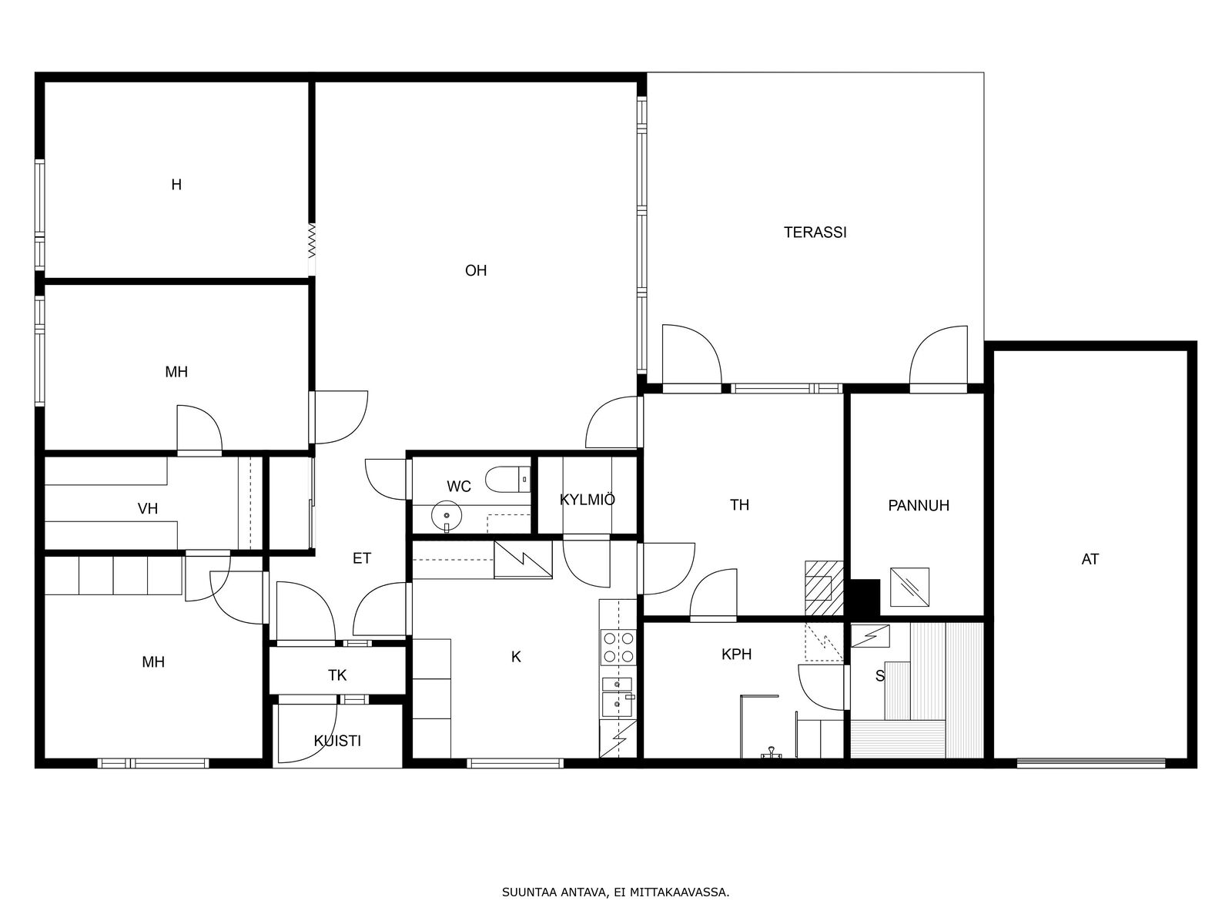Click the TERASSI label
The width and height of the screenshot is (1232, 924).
pos(815,233)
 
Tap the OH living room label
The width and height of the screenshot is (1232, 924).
pos(476,270)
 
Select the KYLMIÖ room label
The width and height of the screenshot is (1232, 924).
pos(588,499)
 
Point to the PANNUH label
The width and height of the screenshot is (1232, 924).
pos(919,505)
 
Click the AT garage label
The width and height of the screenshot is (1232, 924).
pos(1090,559)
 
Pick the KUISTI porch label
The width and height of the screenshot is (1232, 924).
pos(337,741)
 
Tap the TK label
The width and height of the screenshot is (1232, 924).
pos(337,675)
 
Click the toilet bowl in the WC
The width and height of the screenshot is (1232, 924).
pos(508,479)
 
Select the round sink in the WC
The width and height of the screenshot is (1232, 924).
pos(446,515)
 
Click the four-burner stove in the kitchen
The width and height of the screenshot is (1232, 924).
pos(618,647)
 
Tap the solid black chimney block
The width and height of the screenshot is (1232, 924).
pos(865,598)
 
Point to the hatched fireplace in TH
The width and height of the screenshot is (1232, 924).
pos(824,588)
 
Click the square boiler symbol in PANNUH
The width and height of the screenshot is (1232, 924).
pos(909,587)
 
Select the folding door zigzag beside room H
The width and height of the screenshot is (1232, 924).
pos(312,241)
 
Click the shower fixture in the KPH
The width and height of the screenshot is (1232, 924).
pos(772,754)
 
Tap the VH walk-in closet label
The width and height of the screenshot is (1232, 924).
pos(148,509)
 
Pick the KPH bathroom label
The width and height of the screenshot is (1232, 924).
pos(736,654)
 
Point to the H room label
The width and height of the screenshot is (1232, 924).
pos(176,185)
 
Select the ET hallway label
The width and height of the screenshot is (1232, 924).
pos(362,558)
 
